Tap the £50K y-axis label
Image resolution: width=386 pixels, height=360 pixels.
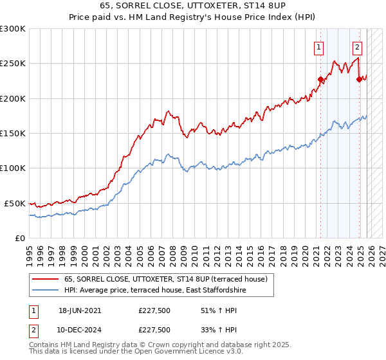[15, 203]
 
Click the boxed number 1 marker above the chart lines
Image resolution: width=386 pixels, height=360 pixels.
[319, 46]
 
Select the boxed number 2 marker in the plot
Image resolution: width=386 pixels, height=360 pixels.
[357, 46]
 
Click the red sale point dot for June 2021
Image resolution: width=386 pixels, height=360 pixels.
[320, 79]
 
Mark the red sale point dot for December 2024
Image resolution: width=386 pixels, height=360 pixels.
[359, 79]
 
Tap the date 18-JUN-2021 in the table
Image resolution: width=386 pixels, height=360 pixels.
[80, 310]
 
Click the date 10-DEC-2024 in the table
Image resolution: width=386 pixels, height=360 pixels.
[80, 329]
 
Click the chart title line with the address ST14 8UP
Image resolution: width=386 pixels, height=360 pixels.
[192, 6]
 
